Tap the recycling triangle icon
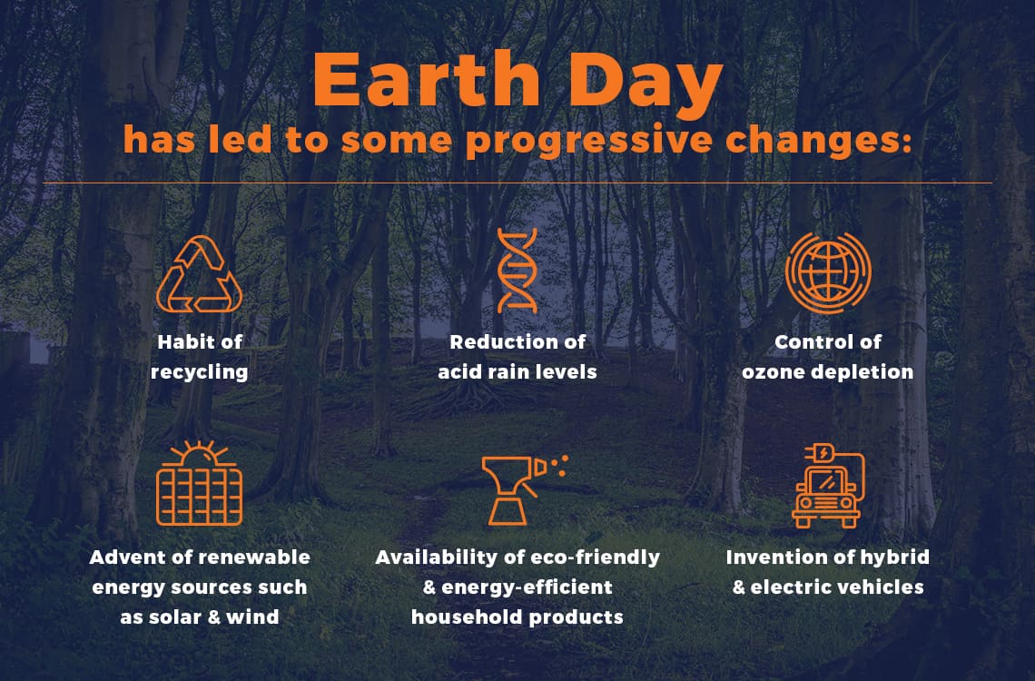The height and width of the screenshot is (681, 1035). (200, 274)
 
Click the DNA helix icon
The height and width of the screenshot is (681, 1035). (517, 271)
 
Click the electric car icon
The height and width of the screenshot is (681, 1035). (826, 486)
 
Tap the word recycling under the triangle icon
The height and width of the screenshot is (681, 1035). (199, 372)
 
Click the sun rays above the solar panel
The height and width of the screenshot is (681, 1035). (199, 449)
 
